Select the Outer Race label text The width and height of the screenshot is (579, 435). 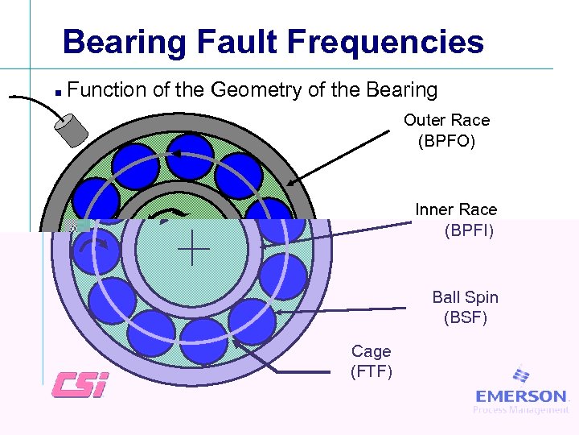pos(446,120)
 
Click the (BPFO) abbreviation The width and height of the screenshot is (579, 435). pos(446,142)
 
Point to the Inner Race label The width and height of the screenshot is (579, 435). pos(456,209)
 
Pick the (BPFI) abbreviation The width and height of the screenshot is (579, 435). pos(469,231)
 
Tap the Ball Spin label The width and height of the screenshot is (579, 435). pos(465,297)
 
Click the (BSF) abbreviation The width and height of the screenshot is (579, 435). pos(465,318)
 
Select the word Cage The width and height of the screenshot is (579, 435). pos(371,351)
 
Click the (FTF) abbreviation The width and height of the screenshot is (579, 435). pos(371,371)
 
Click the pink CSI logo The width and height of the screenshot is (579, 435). pos(79,384)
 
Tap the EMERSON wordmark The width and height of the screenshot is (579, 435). pos(521,396)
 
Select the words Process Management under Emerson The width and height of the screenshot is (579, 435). pos(520,410)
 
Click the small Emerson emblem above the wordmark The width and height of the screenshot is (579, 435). pos(521,376)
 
